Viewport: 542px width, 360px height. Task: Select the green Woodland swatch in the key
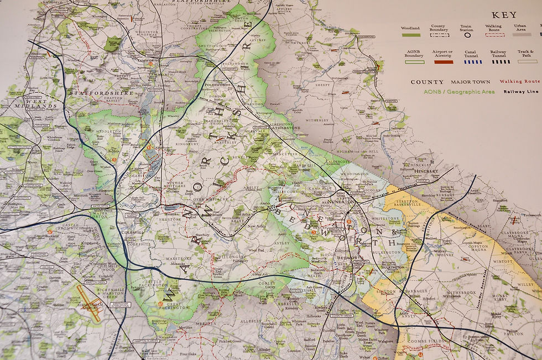(410, 35)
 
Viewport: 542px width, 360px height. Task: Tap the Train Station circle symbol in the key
(467, 35)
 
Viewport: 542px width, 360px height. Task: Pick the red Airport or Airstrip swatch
(443, 61)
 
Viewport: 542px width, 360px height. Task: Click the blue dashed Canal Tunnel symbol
(471, 61)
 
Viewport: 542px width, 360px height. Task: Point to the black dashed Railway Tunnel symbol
(501, 61)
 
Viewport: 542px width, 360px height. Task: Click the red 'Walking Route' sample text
(520, 81)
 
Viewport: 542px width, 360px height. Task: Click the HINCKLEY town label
(426, 171)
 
